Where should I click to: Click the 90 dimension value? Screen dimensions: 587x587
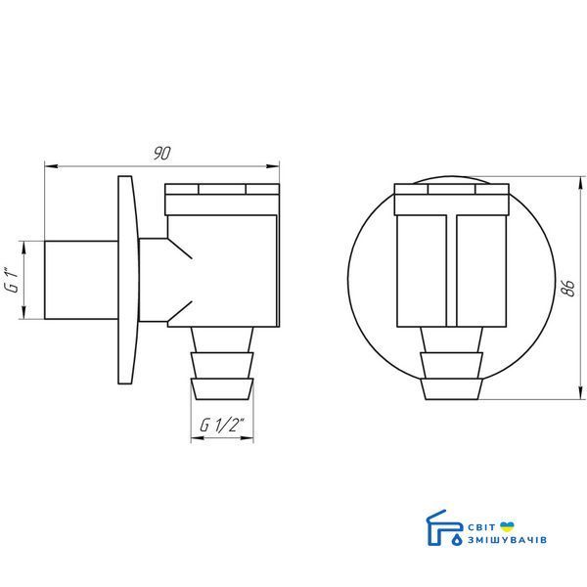pos(161,154)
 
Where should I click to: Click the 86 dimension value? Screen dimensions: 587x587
pos(569,288)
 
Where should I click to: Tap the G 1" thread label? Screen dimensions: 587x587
pos(12,280)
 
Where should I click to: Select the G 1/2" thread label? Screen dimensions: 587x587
pos(222,425)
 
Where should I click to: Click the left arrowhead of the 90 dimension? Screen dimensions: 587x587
pos(51,166)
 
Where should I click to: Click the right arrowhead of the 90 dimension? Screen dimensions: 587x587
pos(273,166)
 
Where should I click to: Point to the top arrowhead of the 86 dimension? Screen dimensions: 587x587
pos(580,184)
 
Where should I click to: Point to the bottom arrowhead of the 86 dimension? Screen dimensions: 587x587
pos(580,392)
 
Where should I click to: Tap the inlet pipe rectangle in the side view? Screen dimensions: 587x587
pos(81,280)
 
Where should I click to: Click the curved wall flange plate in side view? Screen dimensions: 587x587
pos(127,280)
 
